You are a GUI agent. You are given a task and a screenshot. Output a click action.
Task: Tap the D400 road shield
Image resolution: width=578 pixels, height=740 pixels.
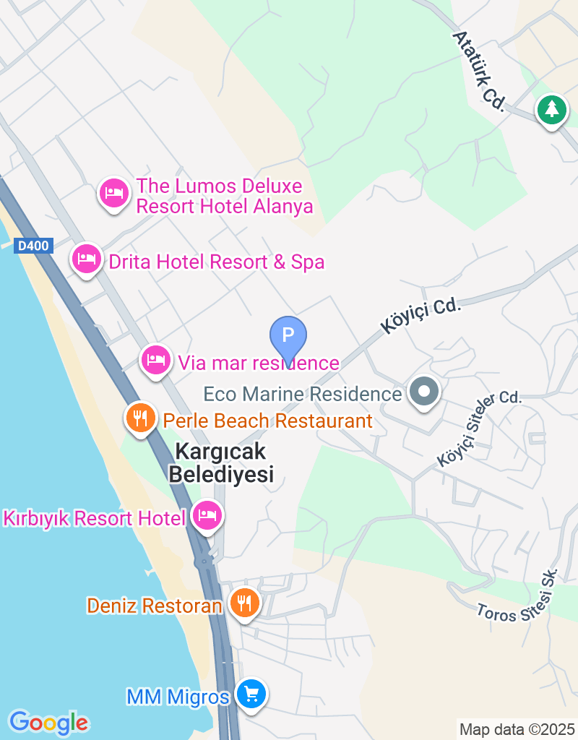33,246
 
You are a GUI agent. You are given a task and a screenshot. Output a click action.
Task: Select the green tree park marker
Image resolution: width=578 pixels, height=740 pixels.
552,111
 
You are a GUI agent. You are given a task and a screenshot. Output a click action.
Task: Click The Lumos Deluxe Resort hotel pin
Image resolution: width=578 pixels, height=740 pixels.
113,193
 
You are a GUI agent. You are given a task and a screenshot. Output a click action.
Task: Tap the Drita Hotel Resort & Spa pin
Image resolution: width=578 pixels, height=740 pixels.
87,258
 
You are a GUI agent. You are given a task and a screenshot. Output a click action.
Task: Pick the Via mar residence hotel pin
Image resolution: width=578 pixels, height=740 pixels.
155,358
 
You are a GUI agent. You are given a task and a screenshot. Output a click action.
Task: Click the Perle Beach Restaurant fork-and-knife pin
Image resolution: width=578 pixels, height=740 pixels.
141,417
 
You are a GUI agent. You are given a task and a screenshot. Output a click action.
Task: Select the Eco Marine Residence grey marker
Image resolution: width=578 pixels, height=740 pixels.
423,392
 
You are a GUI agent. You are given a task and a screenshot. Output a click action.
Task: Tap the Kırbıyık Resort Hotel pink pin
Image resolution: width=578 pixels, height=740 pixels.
207,516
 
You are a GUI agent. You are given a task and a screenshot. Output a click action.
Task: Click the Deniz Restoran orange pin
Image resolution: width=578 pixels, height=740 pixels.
245,601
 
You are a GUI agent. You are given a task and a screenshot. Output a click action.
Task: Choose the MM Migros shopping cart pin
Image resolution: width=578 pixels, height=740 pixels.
251,694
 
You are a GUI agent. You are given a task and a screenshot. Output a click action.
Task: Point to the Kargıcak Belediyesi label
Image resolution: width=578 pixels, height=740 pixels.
221,463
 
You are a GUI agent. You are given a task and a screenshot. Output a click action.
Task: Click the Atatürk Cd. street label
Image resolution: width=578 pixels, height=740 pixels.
479,71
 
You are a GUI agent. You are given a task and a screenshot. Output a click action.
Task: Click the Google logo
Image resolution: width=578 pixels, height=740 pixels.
48,722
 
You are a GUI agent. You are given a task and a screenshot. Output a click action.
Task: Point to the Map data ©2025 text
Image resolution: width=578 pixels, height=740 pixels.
517,729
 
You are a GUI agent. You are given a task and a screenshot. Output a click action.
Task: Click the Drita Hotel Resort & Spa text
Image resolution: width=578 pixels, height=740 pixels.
216,262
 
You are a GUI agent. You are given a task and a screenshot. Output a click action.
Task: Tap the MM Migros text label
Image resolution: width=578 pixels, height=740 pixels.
178,697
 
